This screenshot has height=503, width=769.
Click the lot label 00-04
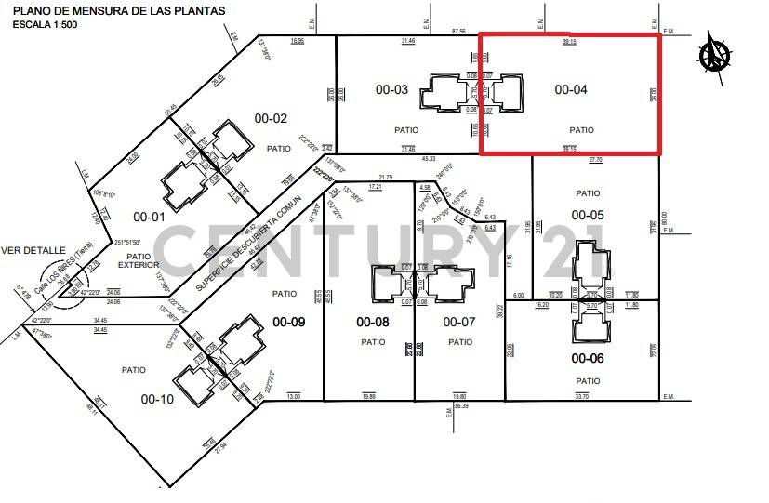pyautogui.click(x=572, y=90)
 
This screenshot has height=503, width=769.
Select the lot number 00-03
pyautogui.click(x=391, y=90)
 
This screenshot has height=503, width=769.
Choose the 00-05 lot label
pyautogui.click(x=588, y=215)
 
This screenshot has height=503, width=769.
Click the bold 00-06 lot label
pyautogui.click(x=588, y=358)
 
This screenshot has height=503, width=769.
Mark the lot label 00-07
pyautogui.click(x=458, y=322)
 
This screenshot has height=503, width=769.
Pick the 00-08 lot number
pyautogui.click(x=373, y=322)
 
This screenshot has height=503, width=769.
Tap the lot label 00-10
pyautogui.click(x=156, y=399)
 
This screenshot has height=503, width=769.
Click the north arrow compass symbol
pyautogui.click(x=716, y=53)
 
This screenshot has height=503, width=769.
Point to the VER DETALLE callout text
pyautogui.click(x=33, y=250)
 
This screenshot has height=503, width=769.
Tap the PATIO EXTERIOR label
pyautogui.click(x=139, y=260)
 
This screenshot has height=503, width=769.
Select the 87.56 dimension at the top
pyautogui.click(x=458, y=32)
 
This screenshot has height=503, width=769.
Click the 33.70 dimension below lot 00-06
pyautogui.click(x=582, y=396)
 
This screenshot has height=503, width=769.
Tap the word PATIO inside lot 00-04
pyautogui.click(x=582, y=130)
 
